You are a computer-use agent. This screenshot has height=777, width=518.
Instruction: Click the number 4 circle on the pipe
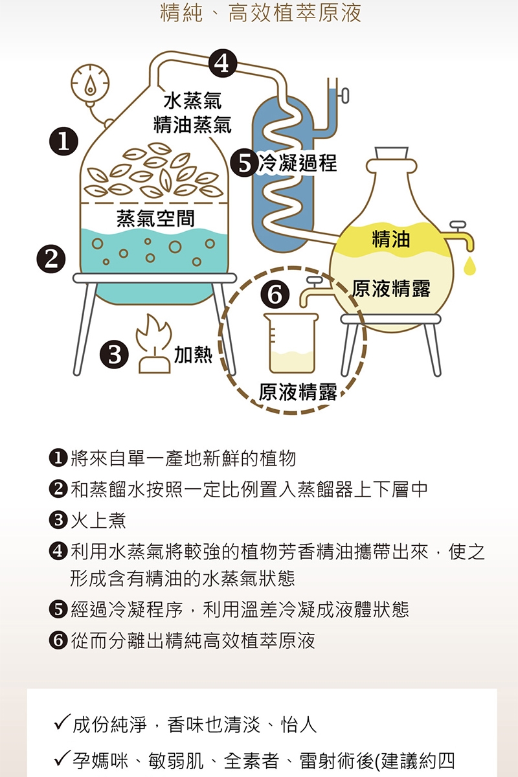[223, 63]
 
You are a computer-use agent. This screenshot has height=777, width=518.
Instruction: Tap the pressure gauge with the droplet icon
[90, 84]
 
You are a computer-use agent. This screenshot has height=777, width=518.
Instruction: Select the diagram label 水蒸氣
[192, 100]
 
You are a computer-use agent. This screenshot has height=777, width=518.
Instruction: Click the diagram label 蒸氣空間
[155, 218]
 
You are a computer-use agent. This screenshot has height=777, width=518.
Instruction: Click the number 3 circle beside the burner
[114, 355]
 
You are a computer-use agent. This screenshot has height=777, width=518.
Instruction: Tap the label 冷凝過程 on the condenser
[298, 163]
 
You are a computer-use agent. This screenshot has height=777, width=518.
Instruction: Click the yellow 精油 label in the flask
[391, 239]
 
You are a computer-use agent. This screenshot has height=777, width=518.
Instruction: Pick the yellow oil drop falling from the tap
[470, 265]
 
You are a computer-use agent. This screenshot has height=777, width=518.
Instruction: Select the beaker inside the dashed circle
[291, 343]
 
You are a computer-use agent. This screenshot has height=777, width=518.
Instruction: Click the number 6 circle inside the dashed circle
[275, 294]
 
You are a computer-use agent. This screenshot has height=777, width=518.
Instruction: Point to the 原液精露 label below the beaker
[298, 392]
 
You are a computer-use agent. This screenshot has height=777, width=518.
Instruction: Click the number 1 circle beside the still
[63, 141]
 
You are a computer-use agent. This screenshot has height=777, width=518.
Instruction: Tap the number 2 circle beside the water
[51, 259]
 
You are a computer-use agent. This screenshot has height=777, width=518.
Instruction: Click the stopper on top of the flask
[391, 153]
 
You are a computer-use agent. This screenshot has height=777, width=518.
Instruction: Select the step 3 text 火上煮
[98, 521]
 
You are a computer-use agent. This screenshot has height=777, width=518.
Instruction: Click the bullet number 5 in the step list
[58, 609]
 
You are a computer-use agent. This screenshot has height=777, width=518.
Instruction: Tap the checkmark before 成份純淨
[62, 723]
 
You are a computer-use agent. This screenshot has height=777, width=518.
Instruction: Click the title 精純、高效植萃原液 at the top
[260, 13]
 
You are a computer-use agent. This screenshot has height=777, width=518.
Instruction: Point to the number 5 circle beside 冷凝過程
[245, 163]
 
